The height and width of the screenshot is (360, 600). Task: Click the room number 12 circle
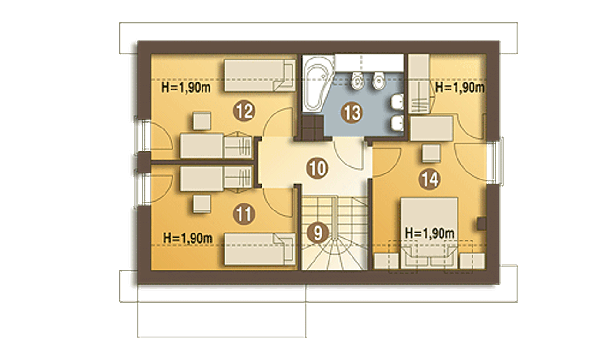[x=244, y=111]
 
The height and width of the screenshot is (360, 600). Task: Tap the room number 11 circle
[x=244, y=214]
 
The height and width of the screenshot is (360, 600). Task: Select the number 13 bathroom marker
[x=352, y=113]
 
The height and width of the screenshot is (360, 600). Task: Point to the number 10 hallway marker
[x=317, y=168]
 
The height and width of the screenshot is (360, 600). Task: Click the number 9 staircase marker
[x=318, y=233]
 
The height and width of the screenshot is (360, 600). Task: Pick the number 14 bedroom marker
[x=430, y=179]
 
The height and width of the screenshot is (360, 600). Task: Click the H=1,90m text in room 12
[x=186, y=88]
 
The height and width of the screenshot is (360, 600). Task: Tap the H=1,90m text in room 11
[x=188, y=238]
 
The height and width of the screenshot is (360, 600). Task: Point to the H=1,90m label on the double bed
[x=430, y=233]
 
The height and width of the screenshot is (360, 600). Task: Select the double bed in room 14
[x=429, y=233]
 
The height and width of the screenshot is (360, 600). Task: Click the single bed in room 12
[x=260, y=75]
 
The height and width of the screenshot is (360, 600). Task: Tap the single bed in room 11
[x=260, y=249]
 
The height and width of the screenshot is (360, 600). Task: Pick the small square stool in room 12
[x=202, y=121]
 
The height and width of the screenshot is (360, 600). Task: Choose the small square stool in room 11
[x=202, y=204]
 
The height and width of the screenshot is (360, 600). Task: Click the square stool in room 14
[x=431, y=153]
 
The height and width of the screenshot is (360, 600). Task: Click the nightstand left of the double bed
[x=386, y=261]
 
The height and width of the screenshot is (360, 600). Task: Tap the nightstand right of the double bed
[x=472, y=261]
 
